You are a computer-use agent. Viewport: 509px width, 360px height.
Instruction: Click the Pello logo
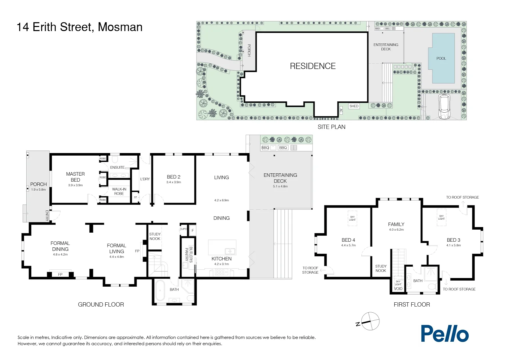click(444, 334)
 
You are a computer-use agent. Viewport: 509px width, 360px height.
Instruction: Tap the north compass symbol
click(370, 321)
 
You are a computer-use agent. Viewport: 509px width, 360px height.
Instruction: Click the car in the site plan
click(444, 107)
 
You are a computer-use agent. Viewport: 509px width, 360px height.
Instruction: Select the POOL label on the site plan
click(441, 58)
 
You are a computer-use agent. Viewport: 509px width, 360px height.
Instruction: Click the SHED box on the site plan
click(354, 106)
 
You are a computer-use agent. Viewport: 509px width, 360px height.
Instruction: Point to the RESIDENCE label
click(312, 66)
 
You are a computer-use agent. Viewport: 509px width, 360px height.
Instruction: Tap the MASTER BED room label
click(75, 177)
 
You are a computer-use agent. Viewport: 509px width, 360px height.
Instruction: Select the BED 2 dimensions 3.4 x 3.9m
click(174, 182)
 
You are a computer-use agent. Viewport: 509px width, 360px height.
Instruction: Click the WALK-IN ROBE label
click(119, 191)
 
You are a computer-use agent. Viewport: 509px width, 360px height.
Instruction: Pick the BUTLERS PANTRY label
click(189, 255)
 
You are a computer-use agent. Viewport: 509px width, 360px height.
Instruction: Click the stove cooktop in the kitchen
click(221, 272)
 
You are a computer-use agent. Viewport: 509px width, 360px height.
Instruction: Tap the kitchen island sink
click(230, 251)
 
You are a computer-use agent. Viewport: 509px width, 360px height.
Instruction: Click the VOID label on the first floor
click(398, 289)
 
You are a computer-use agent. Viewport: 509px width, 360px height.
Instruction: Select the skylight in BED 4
click(352, 218)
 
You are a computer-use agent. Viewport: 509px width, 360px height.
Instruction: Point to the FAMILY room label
click(396, 224)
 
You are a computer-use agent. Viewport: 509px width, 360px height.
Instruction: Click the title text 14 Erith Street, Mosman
click(80, 27)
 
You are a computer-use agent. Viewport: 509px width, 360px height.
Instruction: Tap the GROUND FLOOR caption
click(101, 305)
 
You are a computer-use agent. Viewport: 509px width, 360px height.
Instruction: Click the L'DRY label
click(145, 179)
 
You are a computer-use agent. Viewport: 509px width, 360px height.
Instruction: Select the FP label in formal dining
click(60, 274)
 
